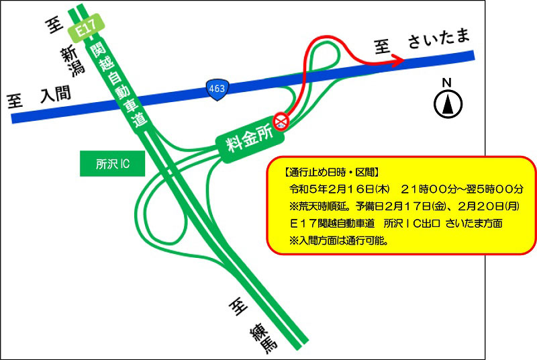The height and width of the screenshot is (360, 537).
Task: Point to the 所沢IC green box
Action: [x=112, y=163]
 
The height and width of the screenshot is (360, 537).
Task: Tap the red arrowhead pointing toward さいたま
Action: [x=397, y=61]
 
